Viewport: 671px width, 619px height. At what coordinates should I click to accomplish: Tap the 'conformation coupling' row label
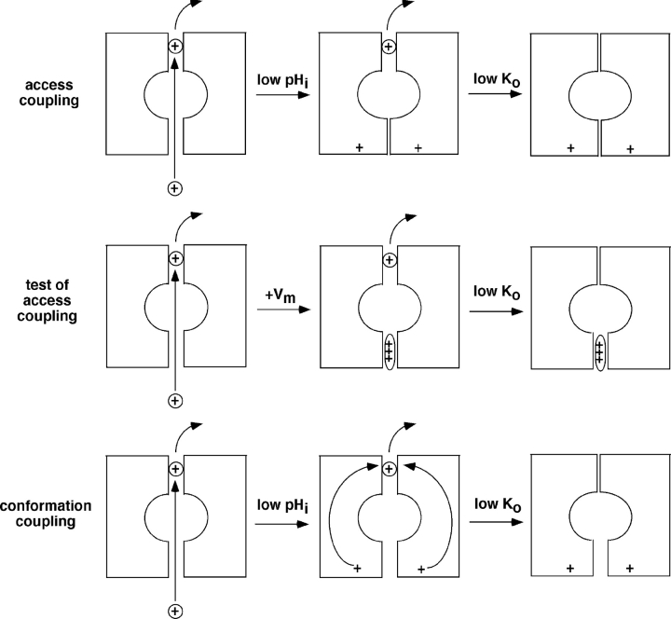tap(46, 512)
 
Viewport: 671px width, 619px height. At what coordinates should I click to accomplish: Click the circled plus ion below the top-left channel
tap(174, 187)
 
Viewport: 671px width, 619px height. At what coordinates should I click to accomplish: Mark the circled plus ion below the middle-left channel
tap(174, 401)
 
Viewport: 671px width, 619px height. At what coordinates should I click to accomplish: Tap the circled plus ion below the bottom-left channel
tap(174, 611)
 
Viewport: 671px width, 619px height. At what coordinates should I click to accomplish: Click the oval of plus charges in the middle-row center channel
tap(389, 352)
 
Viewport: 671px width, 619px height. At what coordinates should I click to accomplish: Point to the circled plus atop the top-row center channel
tap(389, 46)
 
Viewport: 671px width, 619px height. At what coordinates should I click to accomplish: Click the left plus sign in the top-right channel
tap(570, 147)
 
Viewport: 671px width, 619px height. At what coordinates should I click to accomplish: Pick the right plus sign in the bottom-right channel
tap(630, 567)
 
